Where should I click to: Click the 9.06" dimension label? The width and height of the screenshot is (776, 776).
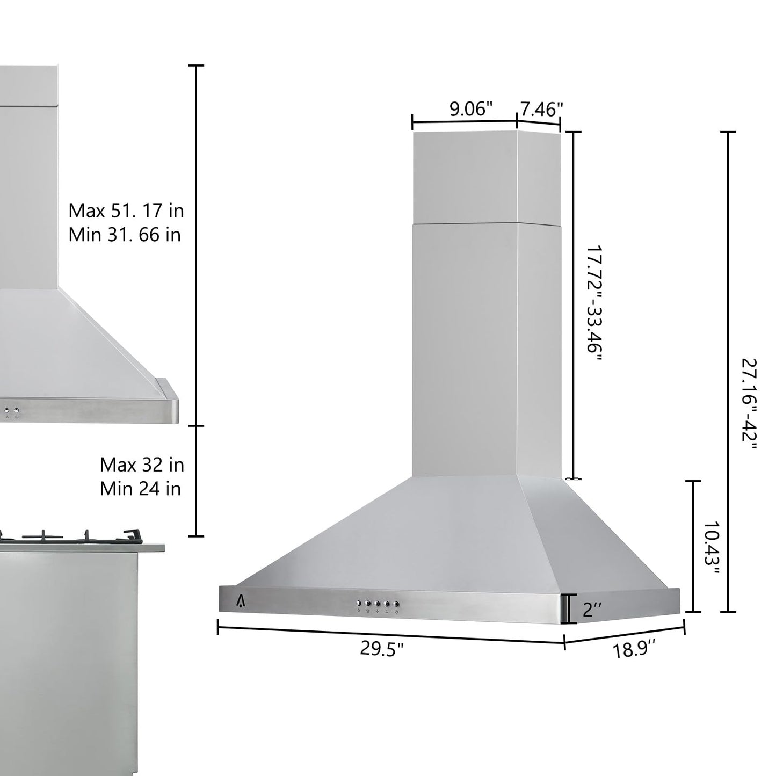pyautogui.click(x=471, y=109)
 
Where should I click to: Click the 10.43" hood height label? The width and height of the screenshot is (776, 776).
pyautogui.click(x=711, y=547)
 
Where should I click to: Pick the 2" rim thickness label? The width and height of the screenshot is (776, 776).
pyautogui.click(x=592, y=610)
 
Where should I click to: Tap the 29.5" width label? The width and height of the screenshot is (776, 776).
pyautogui.click(x=381, y=649)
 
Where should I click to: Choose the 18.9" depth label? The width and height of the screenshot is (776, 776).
pyautogui.click(x=635, y=651)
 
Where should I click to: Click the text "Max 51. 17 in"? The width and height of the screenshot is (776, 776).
pyautogui.click(x=126, y=211)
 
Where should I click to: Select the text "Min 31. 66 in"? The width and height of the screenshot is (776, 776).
pyautogui.click(x=125, y=235)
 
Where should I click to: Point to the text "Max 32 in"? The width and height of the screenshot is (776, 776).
pyautogui.click(x=142, y=465)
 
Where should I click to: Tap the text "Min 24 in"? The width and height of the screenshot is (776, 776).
pyautogui.click(x=141, y=489)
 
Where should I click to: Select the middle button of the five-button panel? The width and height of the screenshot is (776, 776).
pyautogui.click(x=377, y=603)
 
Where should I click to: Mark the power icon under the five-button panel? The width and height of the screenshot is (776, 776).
pyautogui.click(x=396, y=612)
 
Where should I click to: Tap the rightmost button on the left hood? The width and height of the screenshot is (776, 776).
pyautogui.click(x=17, y=411)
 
